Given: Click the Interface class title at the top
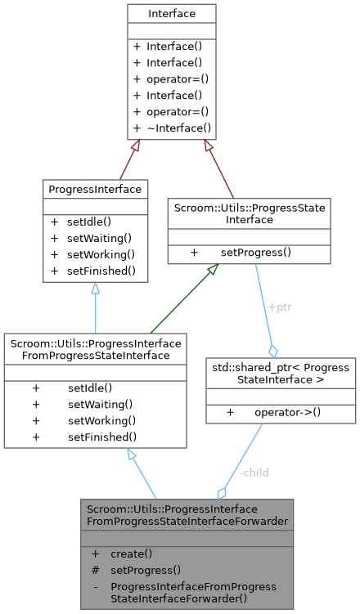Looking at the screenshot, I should click(x=172, y=14).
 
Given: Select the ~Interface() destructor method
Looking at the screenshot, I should click(x=178, y=128).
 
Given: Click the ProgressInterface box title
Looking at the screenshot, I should click(x=96, y=189).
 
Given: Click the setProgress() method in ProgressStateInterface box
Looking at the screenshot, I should click(x=255, y=252).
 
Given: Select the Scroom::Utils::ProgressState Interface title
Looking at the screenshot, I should click(x=249, y=213).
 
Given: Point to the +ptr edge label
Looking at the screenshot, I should click(x=280, y=307).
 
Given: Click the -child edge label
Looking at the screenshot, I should click(x=253, y=473).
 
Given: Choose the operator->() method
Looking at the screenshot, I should click(x=287, y=411).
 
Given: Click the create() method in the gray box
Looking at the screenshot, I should click(x=131, y=553).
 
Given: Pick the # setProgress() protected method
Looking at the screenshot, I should click(x=145, y=570).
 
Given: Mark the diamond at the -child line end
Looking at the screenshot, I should click(x=222, y=492).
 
